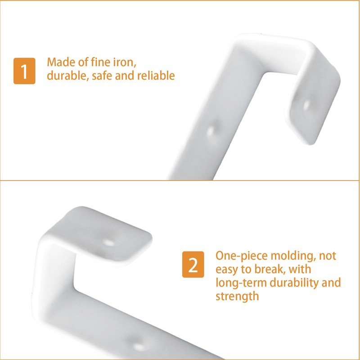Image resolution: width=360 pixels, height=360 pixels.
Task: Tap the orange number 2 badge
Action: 193,265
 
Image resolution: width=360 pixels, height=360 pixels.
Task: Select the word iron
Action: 123,62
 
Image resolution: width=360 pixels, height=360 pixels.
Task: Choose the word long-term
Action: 241,283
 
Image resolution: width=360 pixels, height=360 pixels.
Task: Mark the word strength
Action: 237,297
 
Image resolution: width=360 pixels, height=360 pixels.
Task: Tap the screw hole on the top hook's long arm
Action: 212,130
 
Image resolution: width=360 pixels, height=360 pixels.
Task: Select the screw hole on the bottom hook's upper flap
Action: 108,242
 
